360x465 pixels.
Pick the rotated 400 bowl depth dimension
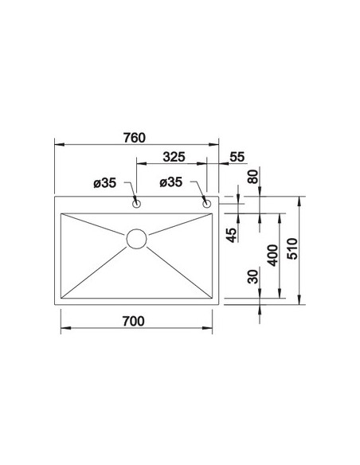pyautogui.click(x=273, y=256)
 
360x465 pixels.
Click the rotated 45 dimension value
pyautogui.click(x=232, y=236)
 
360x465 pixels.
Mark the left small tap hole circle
pyautogui.click(x=136, y=205)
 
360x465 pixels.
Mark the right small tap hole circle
pyautogui.click(x=208, y=205)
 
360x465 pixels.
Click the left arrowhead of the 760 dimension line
pyautogui.click(x=57, y=145)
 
